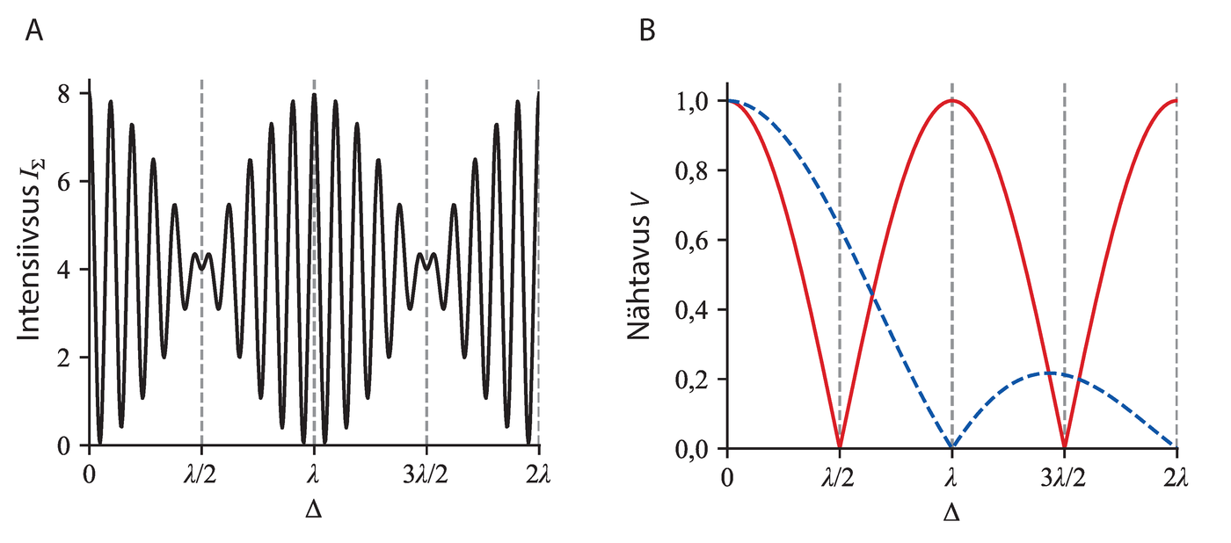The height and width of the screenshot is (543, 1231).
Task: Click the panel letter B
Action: point(647,32)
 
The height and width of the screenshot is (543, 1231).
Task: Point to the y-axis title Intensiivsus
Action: point(33,269)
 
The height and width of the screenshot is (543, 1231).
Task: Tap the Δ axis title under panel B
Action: point(951,510)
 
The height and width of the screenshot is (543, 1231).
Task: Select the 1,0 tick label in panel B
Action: point(696,101)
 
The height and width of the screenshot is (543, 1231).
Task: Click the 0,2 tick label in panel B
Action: point(696,380)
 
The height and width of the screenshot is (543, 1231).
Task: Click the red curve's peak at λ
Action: point(952,100)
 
